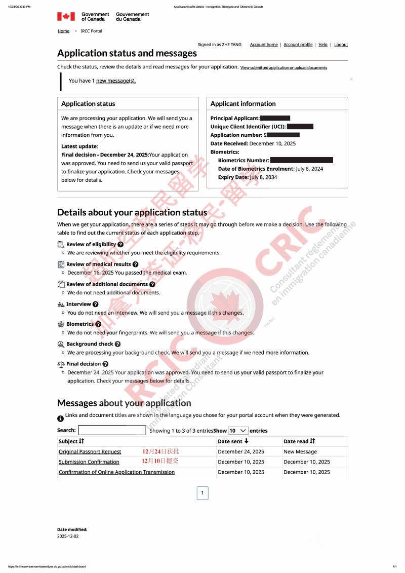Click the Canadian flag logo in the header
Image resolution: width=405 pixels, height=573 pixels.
(66, 17)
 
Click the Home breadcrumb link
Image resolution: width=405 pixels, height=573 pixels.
(63, 31)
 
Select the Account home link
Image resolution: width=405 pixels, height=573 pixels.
(264, 45)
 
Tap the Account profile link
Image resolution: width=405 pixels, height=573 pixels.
(298, 45)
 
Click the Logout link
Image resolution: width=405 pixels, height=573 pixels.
(341, 45)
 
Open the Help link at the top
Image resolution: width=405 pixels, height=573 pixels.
(323, 45)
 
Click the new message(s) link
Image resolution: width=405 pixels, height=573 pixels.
(116, 81)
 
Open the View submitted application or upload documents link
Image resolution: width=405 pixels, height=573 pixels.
(283, 67)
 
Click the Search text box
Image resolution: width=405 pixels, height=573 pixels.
(112, 430)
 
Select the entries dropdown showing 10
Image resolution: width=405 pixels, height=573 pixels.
(238, 430)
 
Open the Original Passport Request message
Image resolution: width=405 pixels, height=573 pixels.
(90, 451)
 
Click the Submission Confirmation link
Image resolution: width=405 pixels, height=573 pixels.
(89, 462)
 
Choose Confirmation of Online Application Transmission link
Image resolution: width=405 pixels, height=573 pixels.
(116, 472)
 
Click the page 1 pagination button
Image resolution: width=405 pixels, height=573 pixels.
(202, 493)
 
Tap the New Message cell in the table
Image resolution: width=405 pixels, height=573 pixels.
(300, 451)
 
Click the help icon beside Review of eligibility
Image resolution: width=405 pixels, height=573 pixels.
(120, 244)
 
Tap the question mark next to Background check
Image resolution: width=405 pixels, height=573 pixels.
(117, 344)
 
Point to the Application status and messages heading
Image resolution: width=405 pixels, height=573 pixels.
(127, 53)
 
